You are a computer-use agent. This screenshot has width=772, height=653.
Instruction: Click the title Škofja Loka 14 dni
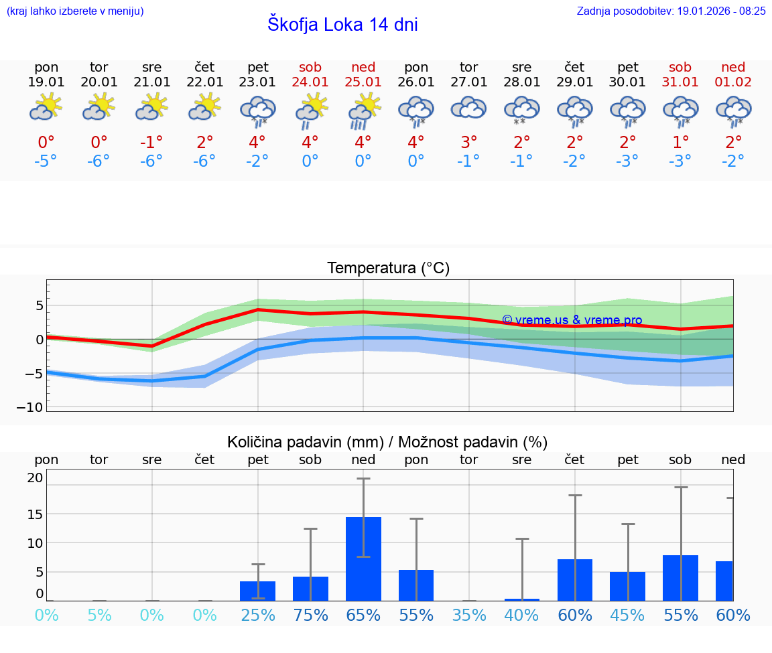(x=342, y=25)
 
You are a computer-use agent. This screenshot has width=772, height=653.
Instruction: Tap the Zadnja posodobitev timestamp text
(x=671, y=11)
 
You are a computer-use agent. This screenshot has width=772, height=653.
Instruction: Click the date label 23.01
(x=258, y=82)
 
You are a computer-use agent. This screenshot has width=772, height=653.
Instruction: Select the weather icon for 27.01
(x=468, y=108)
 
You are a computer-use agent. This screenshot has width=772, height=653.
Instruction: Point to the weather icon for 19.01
(x=46, y=107)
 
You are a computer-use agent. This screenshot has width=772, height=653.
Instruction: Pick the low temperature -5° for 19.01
(x=46, y=161)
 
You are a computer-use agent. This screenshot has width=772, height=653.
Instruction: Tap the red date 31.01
(x=680, y=82)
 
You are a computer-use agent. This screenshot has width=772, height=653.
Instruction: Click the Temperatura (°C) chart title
(x=388, y=269)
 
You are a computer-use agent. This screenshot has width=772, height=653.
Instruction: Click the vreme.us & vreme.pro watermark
(x=572, y=320)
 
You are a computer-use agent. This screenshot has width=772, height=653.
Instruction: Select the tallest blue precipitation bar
(x=363, y=559)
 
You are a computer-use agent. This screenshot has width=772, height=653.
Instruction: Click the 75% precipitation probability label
(x=310, y=615)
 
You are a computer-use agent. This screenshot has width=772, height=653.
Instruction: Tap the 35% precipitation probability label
(x=468, y=615)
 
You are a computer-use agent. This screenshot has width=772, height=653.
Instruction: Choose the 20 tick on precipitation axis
(x=35, y=478)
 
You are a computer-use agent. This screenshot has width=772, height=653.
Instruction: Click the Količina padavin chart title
(x=387, y=442)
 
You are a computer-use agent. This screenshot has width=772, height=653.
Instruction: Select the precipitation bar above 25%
(x=258, y=591)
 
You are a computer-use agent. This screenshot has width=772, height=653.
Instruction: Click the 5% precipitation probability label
(x=99, y=615)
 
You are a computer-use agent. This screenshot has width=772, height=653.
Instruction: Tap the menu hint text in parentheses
(x=75, y=11)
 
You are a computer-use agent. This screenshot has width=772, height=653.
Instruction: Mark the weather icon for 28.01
(x=521, y=111)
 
